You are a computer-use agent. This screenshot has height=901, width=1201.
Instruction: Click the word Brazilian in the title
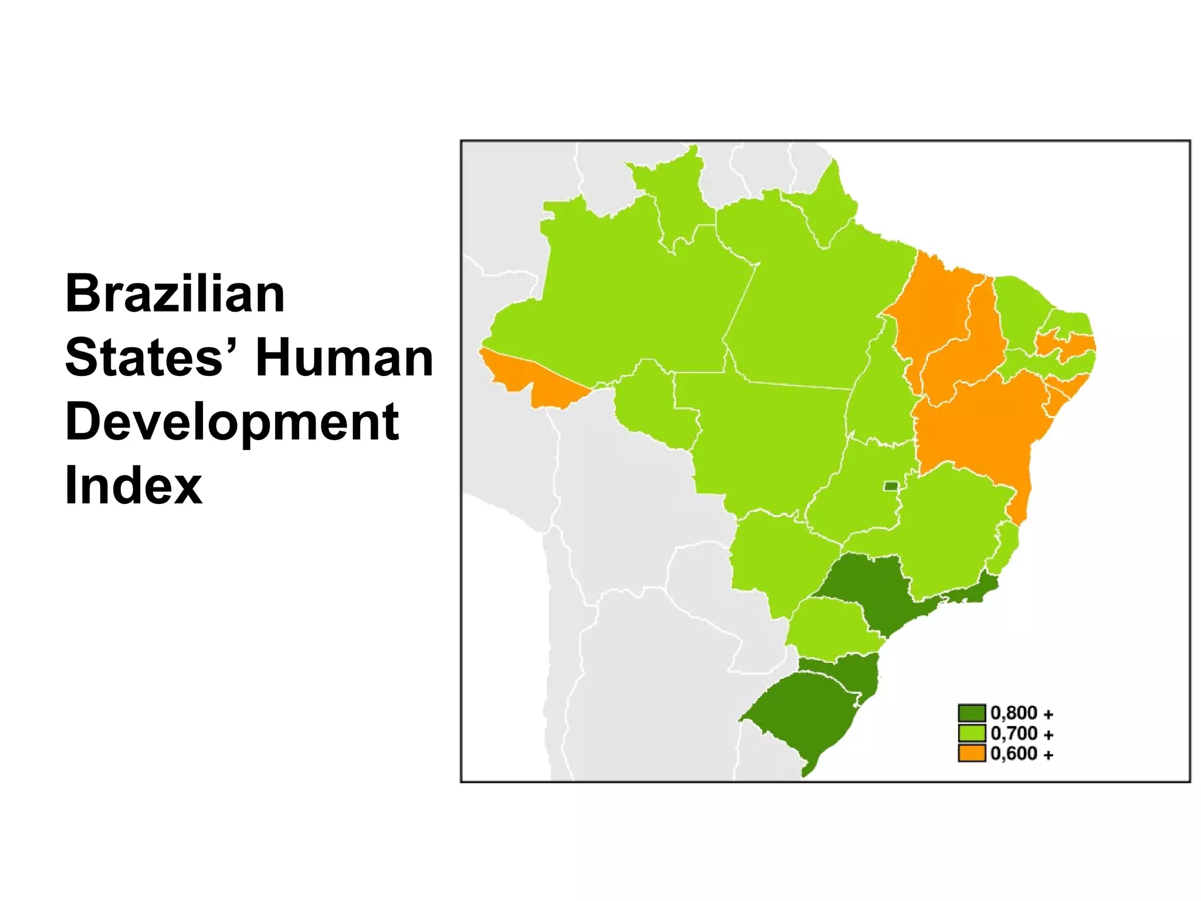click(x=175, y=294)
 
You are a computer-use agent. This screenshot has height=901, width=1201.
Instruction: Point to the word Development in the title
click(x=232, y=422)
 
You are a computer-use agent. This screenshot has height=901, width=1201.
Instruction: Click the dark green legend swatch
click(x=971, y=713)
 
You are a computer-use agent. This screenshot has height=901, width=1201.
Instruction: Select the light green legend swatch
click(x=971, y=733)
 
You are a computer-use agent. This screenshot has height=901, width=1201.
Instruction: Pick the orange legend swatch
click(x=971, y=753)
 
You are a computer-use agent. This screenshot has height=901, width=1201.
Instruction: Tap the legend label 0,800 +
click(x=1022, y=713)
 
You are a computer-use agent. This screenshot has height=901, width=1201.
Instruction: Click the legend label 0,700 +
click(x=1022, y=733)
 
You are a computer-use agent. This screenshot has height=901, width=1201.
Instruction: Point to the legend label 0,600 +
click(x=1022, y=754)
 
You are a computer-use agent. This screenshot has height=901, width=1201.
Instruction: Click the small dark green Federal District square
click(x=891, y=486)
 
